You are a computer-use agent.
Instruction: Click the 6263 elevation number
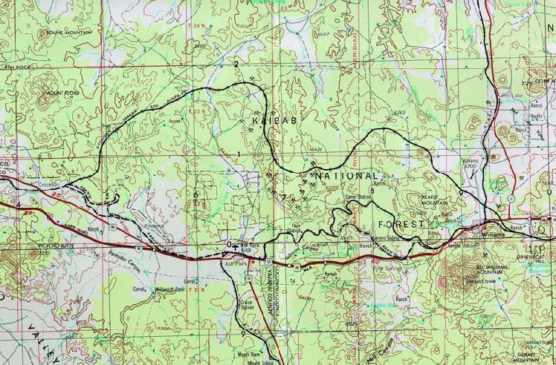(400, 112)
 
